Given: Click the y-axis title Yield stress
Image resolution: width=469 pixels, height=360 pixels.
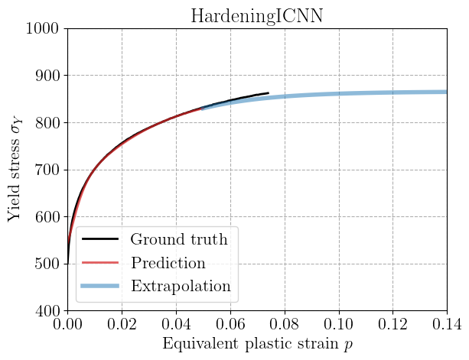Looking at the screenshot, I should click(15, 170).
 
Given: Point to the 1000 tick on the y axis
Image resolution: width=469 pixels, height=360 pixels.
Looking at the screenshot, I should click(44, 29).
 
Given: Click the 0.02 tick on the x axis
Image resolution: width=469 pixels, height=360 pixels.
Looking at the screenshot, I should click(122, 325).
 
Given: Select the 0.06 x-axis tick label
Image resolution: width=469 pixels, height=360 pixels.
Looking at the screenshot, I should click(230, 325).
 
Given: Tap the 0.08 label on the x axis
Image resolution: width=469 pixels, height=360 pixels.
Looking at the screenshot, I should click(285, 325).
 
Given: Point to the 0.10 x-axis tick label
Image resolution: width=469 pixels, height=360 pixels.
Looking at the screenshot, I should click(339, 325).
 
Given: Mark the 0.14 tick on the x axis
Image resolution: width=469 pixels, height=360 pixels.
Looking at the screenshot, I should click(446, 325).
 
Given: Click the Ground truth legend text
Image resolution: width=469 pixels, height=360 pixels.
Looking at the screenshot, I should click(178, 239).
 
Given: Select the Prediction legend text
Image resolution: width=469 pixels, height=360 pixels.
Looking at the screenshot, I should click(168, 263).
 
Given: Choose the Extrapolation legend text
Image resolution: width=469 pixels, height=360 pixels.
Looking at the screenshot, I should click(181, 287).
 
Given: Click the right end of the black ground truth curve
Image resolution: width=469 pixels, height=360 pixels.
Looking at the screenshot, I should click(268, 93).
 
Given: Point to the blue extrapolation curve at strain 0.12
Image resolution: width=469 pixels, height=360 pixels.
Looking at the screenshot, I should click(393, 92).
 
